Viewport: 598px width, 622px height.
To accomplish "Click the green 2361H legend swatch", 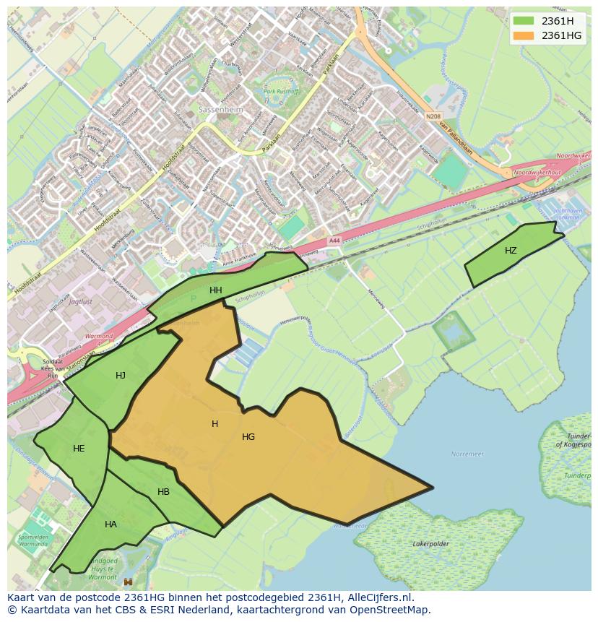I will point(524,21).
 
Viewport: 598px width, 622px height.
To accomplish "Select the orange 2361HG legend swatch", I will point(524,35).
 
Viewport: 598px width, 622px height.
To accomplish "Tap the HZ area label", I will point(511,251).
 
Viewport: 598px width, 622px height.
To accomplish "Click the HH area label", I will point(216,290).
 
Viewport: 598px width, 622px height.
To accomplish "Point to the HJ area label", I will point(121,375).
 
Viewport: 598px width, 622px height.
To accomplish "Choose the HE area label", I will point(79,449).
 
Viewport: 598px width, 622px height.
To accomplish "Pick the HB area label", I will point(163,492).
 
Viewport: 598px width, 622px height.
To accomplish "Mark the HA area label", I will point(110,524).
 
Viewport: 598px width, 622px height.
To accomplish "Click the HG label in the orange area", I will point(248,437).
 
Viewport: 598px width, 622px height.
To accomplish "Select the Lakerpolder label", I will point(431,543).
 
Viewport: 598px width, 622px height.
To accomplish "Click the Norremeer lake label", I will point(467,454).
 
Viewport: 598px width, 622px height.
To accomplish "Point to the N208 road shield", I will point(433,116).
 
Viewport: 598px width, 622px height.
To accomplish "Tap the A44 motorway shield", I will point(334,241).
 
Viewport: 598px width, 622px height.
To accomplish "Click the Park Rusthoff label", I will point(282,92).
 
